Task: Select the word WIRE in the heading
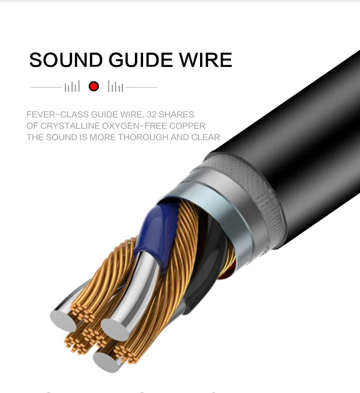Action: click(x=206, y=60)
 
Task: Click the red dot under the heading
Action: click(x=94, y=86)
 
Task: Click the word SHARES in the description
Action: click(x=177, y=114)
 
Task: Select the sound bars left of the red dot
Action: click(x=72, y=87)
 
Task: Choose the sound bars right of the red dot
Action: click(x=116, y=87)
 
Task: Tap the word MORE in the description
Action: click(x=103, y=137)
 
